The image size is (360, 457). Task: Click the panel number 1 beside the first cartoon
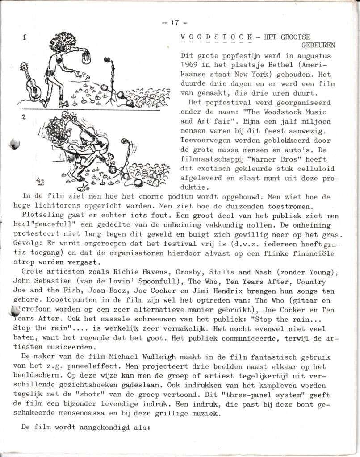24,37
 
